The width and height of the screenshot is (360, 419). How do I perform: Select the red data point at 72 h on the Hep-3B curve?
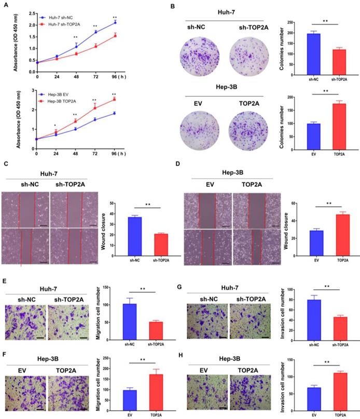(95, 107)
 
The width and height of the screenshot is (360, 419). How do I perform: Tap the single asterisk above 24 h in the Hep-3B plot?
(56, 126)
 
